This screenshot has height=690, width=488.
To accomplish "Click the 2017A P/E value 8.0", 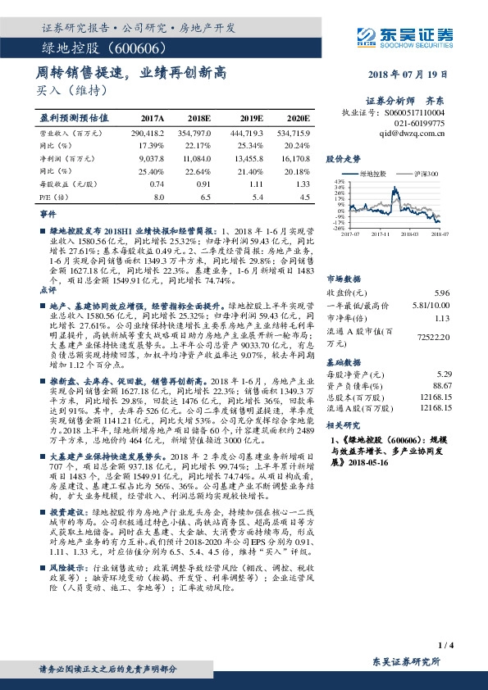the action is pos(159,197).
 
